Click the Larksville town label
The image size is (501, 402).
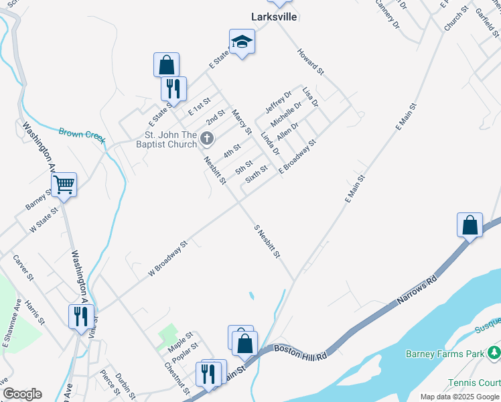(273, 17)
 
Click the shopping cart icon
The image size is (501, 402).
(64, 184)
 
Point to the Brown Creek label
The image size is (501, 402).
(82, 135)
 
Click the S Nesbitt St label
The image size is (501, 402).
(267, 241)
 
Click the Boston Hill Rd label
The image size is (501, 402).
(300, 352)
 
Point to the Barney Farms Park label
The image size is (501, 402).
(445, 353)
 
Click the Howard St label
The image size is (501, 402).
(311, 61)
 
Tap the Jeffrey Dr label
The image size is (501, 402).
(279, 101)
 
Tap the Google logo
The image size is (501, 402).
(22, 394)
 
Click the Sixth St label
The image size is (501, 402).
(257, 174)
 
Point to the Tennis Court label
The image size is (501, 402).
(476, 383)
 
